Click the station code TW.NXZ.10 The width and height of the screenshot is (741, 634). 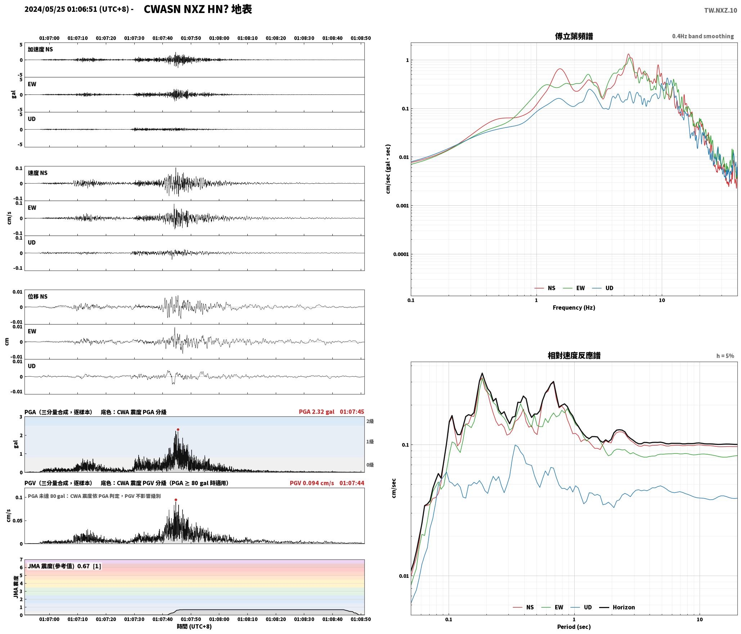pyautogui.click(x=720, y=10)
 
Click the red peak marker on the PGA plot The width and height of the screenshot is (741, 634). pyautogui.click(x=178, y=429)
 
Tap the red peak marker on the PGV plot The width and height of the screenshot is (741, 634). pyautogui.click(x=176, y=500)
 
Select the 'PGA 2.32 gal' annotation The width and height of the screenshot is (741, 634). pyautogui.click(x=316, y=412)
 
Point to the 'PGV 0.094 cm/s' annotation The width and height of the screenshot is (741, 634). pyautogui.click(x=312, y=483)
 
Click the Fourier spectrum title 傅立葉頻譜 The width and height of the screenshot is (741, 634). pyautogui.click(x=574, y=36)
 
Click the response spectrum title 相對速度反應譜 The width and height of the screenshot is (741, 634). pyautogui.click(x=574, y=356)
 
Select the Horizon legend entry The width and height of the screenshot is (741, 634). pyautogui.click(x=617, y=607)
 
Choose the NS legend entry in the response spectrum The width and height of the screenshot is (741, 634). pyautogui.click(x=523, y=607)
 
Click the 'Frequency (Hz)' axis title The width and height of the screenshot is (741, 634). pyautogui.click(x=574, y=307)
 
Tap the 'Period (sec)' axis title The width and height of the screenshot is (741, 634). pyautogui.click(x=574, y=626)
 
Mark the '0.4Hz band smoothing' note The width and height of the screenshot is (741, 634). pyautogui.click(x=703, y=36)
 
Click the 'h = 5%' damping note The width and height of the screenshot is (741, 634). pyautogui.click(x=725, y=356)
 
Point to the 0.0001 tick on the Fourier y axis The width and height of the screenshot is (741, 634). pyautogui.click(x=401, y=254)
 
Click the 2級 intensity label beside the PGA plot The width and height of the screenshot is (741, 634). pyautogui.click(x=370, y=421)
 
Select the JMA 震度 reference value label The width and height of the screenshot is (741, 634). pyautogui.click(x=64, y=566)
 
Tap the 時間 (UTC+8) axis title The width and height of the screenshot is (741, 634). pyautogui.click(x=194, y=626)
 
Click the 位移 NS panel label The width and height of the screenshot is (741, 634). pyautogui.click(x=38, y=296)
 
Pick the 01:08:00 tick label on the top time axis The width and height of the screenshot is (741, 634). pyautogui.click(x=219, y=38)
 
